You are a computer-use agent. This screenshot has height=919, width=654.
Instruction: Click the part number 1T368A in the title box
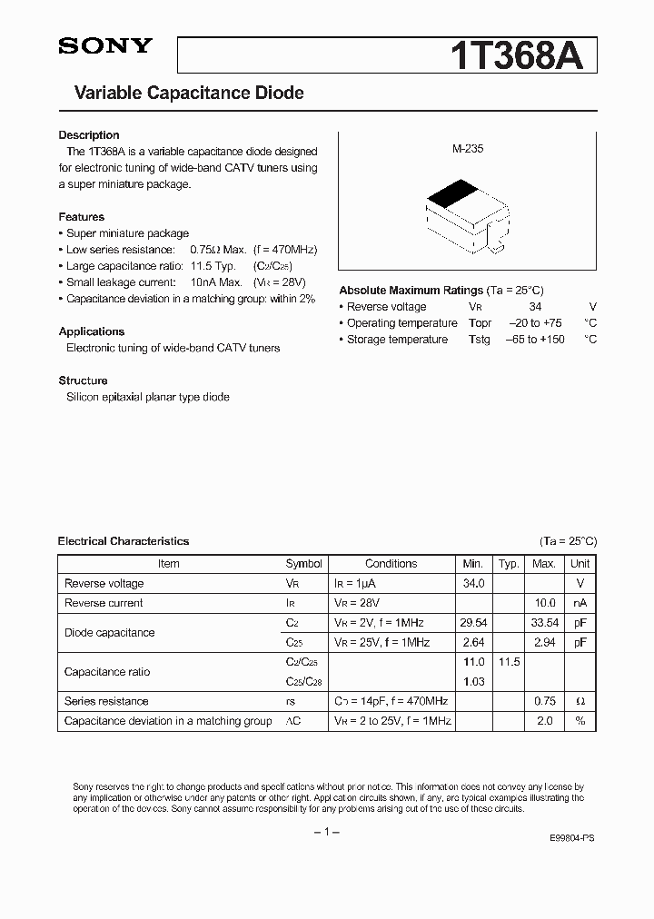[523, 55]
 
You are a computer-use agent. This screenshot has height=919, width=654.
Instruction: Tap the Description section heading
[89, 135]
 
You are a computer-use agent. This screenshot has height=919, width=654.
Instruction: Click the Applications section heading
[92, 331]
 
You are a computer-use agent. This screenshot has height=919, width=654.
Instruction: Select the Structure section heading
[83, 380]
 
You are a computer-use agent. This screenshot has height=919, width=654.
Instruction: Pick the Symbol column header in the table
[303, 564]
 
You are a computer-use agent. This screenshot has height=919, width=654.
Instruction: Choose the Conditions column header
[391, 564]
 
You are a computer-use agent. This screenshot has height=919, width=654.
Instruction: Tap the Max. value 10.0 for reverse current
[543, 603]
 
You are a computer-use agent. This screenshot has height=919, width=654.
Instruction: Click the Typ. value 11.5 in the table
[509, 662]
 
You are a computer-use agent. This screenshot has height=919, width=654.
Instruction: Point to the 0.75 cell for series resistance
[543, 701]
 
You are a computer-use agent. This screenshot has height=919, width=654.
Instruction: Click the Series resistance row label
[106, 701]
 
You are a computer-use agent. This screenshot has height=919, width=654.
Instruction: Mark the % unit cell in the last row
[580, 721]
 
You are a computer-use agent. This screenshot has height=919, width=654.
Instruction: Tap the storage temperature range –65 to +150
[535, 340]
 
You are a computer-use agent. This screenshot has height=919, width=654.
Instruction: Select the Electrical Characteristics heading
[124, 541]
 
